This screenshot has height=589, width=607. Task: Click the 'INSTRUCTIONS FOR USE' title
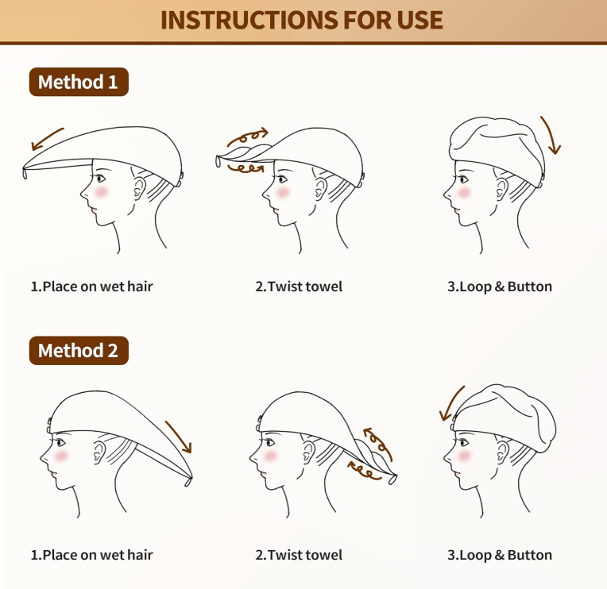point(302,20)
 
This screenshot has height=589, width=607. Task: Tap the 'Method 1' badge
point(79,82)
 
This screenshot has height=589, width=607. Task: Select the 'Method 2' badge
point(79,350)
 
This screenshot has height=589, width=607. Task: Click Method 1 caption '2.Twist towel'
point(299,287)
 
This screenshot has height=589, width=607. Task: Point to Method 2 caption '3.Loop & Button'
point(500,555)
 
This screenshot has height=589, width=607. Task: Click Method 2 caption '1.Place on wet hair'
point(91,555)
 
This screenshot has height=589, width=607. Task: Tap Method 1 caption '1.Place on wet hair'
point(91,287)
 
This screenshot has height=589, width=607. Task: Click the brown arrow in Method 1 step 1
point(47,138)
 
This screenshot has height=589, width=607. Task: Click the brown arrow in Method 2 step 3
point(451,403)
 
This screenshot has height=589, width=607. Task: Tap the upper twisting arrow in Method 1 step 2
point(248,136)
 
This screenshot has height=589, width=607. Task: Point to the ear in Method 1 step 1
point(139,188)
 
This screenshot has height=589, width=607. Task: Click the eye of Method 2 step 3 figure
point(462,443)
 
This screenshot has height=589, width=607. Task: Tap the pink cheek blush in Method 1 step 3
point(463,192)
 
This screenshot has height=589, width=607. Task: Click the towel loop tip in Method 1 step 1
point(25,173)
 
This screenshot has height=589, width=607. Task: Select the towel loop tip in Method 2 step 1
point(188,482)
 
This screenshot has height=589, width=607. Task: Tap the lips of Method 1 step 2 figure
point(274,210)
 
